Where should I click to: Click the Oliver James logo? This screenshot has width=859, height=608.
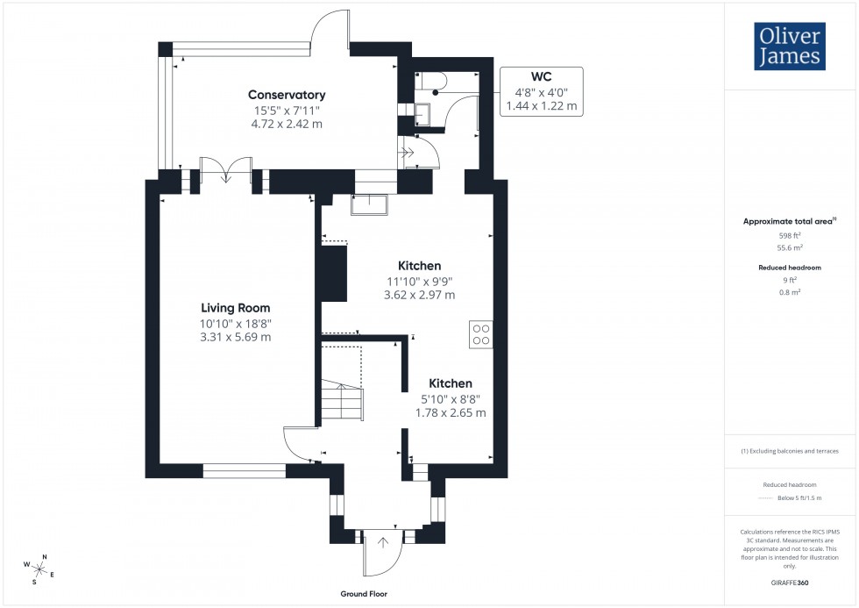tap(789, 46)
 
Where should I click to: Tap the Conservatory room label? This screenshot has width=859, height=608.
tap(287, 95)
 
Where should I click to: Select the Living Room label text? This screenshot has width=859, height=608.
tap(235, 308)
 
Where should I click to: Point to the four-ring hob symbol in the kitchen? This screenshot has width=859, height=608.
tap(481, 333)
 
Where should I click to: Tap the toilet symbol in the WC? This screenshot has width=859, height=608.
tap(435, 82)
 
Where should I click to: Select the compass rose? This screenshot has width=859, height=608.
tap(39, 570)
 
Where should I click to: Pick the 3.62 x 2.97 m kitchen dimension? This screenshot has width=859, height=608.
tap(419, 295)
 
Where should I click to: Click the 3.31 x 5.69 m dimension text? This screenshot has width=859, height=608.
tap(235, 337)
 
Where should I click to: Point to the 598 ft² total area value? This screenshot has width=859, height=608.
tap(791, 235)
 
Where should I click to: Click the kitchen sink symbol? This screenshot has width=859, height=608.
tap(370, 204)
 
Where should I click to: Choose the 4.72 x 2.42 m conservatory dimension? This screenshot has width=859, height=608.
tap(287, 124)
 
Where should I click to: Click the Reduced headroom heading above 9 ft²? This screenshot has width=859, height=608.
tap(791, 267)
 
